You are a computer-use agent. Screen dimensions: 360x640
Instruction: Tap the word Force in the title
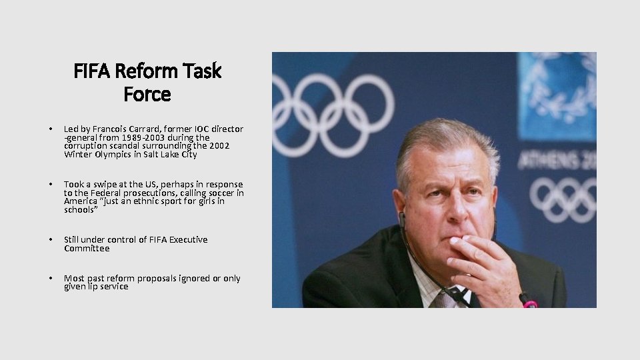[x=147, y=95]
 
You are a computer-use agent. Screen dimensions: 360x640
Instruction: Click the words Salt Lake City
[x=175, y=155]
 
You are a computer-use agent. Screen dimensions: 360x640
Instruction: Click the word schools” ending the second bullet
[x=80, y=210]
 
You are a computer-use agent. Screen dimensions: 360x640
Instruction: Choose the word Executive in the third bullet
[x=188, y=240]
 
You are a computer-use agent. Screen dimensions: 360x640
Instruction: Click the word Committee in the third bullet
[x=87, y=249]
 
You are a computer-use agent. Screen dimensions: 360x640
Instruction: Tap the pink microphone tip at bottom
[x=530, y=303]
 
